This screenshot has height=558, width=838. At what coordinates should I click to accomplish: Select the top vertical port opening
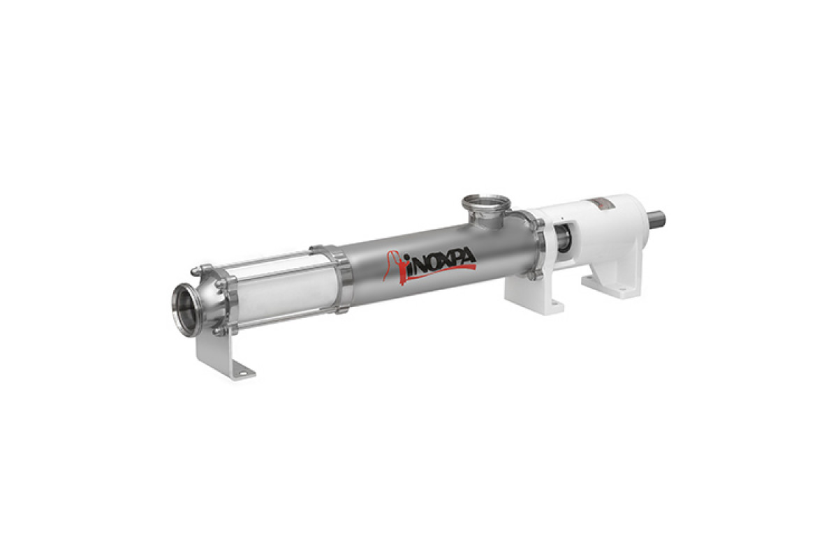click(x=486, y=202)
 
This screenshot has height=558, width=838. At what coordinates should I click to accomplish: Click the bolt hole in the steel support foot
click(x=243, y=373)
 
